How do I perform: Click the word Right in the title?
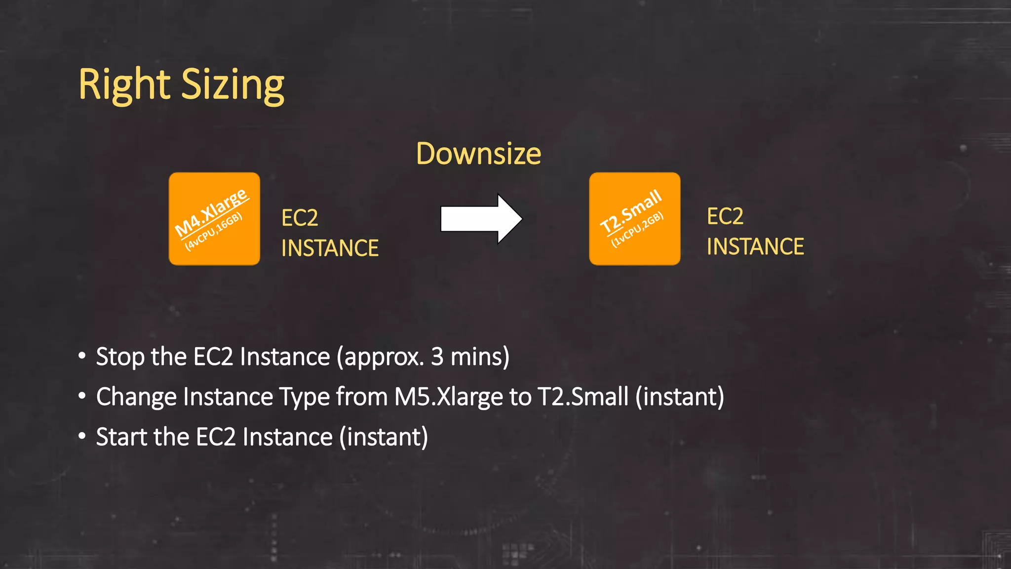point(124,85)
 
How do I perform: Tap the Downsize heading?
point(478,154)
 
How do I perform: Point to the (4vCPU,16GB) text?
point(214,232)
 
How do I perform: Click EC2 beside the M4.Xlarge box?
point(300,218)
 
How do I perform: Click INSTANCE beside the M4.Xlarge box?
point(330,248)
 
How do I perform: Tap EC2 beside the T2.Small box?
point(725,216)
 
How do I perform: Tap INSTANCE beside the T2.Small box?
point(755,246)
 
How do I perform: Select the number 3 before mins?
point(437,357)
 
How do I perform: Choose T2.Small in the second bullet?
point(583,397)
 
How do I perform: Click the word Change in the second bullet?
point(136,397)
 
